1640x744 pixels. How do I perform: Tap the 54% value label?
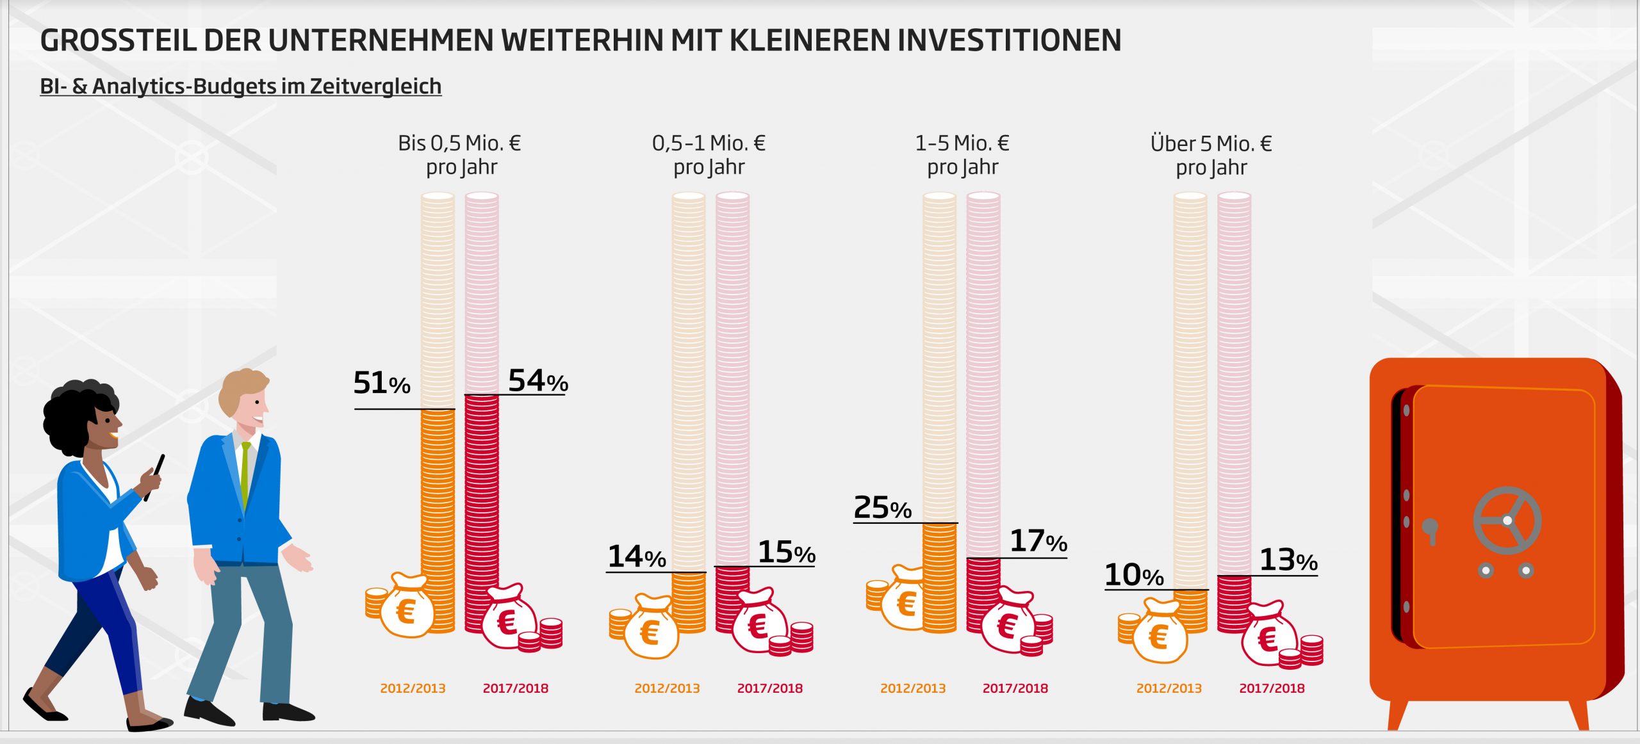tap(537, 381)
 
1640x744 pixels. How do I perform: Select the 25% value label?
tap(882, 508)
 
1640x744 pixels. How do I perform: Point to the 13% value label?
tap(1288, 561)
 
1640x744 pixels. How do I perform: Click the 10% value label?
tap(1133, 576)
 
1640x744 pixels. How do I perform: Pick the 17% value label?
tap(1038, 542)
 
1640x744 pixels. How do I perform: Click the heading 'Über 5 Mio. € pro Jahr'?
tap(1211, 156)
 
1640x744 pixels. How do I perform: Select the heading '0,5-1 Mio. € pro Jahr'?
tap(709, 155)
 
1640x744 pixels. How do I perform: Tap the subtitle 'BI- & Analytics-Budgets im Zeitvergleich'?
tap(240, 86)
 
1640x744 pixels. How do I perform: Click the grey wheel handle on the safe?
tap(1507, 521)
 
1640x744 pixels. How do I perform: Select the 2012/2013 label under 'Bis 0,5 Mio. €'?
tap(413, 688)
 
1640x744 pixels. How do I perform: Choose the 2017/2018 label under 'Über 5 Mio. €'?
tap(1271, 688)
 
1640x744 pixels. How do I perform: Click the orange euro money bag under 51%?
tap(406, 608)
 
